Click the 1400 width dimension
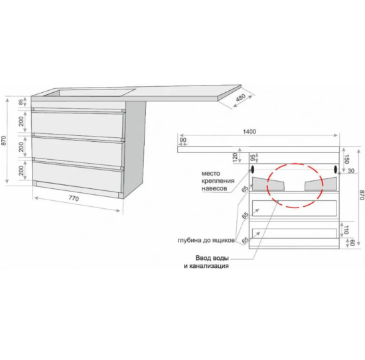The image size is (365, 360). tap(250, 132)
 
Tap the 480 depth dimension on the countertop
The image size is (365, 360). tap(241, 97)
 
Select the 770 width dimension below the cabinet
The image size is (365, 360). tap(74, 198)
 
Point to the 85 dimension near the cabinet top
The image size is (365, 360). tap(21, 102)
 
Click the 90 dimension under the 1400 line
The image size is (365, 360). tap(183, 140)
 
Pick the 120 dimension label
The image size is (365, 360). tap(235, 157)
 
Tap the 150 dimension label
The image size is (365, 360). tap(346, 159)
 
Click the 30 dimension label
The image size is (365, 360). tap(351, 170)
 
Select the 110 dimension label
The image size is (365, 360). tap(346, 230)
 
